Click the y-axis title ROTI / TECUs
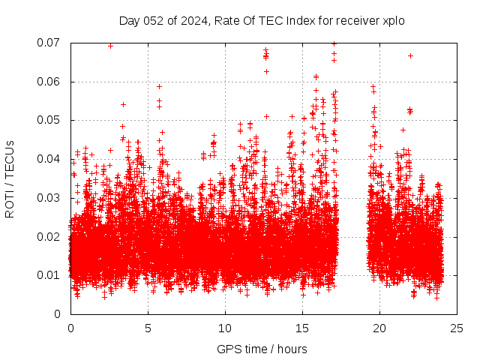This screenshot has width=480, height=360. (10, 178)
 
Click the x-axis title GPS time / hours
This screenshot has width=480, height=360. (262, 349)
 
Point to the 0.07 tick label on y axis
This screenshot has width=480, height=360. (49, 43)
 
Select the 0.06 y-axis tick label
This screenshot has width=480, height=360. (49, 82)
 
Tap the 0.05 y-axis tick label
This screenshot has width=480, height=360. (49, 120)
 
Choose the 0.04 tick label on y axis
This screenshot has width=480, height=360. (49, 159)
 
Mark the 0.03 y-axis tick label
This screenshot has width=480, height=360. (49, 198)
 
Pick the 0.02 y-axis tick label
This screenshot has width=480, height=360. (49, 237)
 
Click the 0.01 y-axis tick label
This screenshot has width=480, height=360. (49, 275)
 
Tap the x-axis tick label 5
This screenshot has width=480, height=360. (148, 328)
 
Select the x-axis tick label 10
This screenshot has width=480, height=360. (225, 328)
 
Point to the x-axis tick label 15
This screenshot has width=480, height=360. (302, 328)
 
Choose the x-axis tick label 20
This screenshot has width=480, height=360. (379, 328)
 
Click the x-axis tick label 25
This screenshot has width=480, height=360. (457, 328)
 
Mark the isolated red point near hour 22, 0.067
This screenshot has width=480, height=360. (410, 55)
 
